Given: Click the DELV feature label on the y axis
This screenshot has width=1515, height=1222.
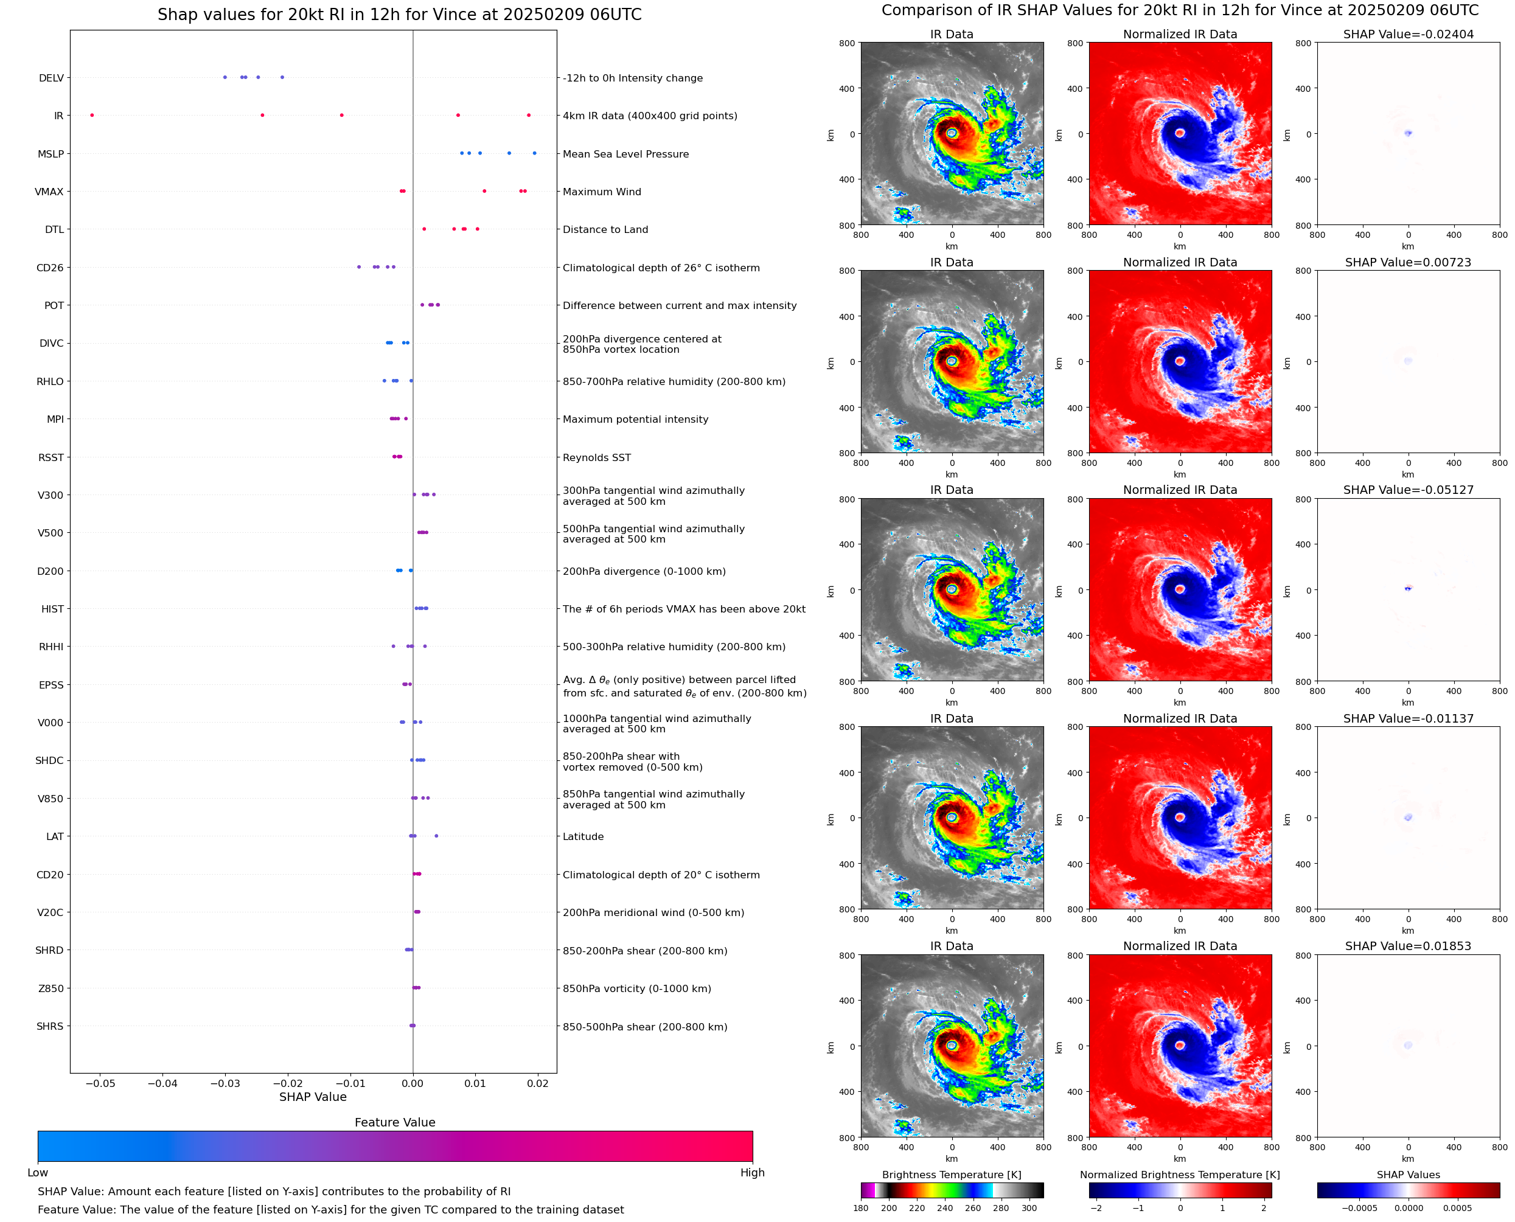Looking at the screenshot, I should click(x=50, y=78).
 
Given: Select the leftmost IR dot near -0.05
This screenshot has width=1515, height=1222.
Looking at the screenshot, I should click(x=92, y=116).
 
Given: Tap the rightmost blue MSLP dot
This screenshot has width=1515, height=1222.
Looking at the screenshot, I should click(x=534, y=153).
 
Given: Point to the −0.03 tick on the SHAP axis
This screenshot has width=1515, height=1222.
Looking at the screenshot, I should click(x=225, y=1083).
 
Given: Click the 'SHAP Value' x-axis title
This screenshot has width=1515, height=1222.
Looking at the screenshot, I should click(x=313, y=1097).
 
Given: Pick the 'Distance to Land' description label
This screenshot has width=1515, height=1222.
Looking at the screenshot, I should click(x=605, y=229).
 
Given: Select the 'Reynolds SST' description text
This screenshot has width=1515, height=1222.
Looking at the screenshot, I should click(x=596, y=457).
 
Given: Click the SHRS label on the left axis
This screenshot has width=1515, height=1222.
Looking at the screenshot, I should click(x=49, y=1026).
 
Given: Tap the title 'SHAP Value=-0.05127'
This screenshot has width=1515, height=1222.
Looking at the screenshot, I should click(x=1407, y=490).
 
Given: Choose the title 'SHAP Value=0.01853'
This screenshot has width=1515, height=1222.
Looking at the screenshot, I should click(x=1407, y=946).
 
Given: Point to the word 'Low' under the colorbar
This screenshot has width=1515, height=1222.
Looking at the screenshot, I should click(x=37, y=1173).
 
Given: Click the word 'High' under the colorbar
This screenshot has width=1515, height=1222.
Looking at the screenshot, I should click(x=752, y=1173).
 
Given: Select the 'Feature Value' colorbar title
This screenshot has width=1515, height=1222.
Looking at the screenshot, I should click(x=395, y=1123).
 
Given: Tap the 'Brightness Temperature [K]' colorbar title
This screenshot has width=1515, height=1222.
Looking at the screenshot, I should click(x=951, y=1175).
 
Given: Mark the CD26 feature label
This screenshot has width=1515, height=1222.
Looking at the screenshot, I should click(x=49, y=268).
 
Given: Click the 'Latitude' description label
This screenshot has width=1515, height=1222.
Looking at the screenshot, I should click(x=583, y=837).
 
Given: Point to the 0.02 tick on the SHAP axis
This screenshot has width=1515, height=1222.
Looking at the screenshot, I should click(x=538, y=1083).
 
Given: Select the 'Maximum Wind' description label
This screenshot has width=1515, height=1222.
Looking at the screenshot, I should click(x=601, y=192).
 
